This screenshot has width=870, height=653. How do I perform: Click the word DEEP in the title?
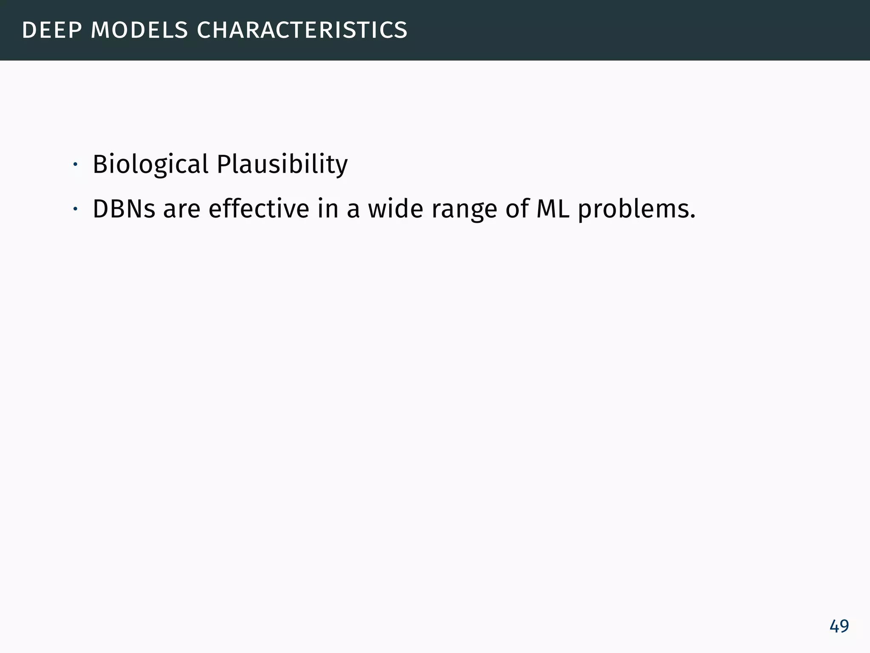click(x=51, y=31)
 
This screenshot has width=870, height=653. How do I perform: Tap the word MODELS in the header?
click(x=139, y=31)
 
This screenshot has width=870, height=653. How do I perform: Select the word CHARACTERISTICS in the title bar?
click(x=302, y=31)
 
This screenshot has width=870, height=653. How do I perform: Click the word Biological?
click(x=150, y=165)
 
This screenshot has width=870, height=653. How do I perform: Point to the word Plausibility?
click(x=282, y=165)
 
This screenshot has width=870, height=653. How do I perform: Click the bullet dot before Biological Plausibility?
click(x=75, y=165)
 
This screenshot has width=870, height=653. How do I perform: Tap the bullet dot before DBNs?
click(x=75, y=209)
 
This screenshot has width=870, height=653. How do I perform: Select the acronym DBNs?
click(x=124, y=209)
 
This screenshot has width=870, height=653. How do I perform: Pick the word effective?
click(x=259, y=209)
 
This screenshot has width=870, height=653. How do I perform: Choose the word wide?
click(x=395, y=209)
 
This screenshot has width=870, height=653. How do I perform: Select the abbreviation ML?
click(x=553, y=209)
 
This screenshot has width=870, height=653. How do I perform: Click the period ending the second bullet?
click(x=693, y=217)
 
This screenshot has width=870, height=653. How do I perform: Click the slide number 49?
click(x=839, y=626)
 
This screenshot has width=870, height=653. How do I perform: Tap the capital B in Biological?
click(x=99, y=164)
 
